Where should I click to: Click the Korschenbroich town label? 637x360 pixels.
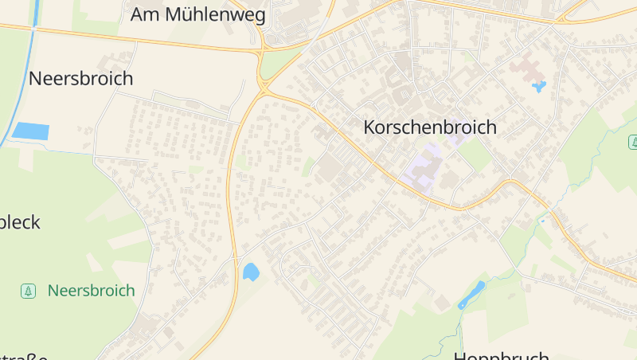(429, 127)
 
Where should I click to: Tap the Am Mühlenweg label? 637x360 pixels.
(197, 14)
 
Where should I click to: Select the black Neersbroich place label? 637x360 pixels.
(80, 78)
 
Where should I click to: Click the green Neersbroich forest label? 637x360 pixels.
(91, 291)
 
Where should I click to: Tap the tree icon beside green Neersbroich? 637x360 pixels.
(29, 291)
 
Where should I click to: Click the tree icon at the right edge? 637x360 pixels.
(633, 142)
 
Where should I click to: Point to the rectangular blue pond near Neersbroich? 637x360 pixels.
(30, 131)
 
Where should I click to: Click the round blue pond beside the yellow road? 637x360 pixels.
(250, 272)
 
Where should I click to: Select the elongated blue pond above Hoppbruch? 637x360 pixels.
(471, 294)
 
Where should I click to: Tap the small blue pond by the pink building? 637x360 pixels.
(539, 85)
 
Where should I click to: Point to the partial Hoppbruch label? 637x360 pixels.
(501, 355)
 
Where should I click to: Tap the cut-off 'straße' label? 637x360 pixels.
(24, 356)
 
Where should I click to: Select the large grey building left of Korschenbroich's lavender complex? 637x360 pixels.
(330, 167)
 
